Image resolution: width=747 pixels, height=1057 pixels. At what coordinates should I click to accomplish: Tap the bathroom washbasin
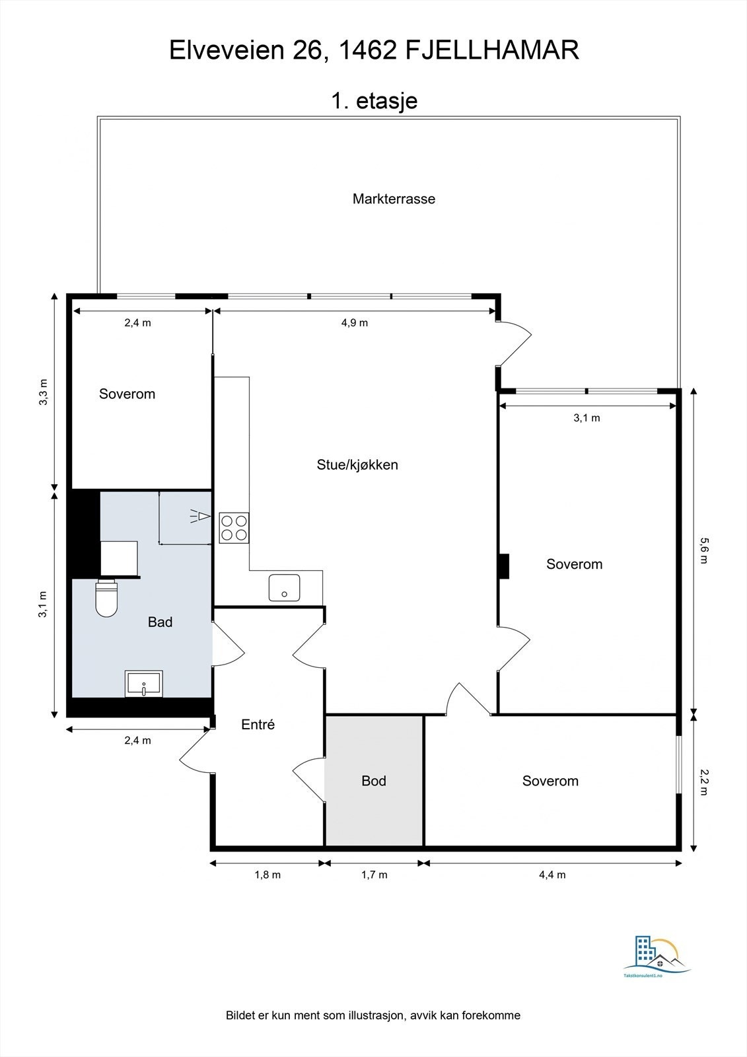click(x=144, y=684)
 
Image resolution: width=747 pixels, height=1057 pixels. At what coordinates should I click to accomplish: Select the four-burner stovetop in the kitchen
click(x=234, y=528)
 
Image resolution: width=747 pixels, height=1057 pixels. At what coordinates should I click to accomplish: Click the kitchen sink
click(x=284, y=587)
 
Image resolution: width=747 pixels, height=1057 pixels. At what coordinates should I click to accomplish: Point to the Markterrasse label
click(x=394, y=199)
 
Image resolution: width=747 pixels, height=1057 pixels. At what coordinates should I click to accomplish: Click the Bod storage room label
click(x=374, y=781)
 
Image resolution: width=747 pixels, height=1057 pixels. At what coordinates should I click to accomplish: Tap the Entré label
click(x=258, y=724)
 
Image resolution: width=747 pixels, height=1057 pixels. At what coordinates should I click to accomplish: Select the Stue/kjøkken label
click(x=357, y=464)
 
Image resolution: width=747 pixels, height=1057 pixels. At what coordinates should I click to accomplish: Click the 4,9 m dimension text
click(x=355, y=323)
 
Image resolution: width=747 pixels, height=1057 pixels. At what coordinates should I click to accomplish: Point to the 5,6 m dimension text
click(x=703, y=550)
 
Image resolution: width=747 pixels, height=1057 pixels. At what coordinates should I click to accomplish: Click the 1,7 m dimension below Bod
click(x=374, y=875)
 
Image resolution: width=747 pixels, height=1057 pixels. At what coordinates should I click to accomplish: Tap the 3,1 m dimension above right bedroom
click(x=587, y=418)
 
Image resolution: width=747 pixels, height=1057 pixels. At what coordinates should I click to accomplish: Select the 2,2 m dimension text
click(x=703, y=782)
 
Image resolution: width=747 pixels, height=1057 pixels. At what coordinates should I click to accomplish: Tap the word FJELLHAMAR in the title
click(x=491, y=50)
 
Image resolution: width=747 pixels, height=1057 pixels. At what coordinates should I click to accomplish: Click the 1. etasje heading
click(x=374, y=101)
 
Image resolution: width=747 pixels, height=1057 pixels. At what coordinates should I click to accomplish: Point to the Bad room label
click(x=160, y=622)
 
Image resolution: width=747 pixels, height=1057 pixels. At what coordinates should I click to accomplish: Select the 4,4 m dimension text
click(x=552, y=875)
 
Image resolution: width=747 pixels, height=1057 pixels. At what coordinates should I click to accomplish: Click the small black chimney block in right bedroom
click(x=504, y=566)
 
